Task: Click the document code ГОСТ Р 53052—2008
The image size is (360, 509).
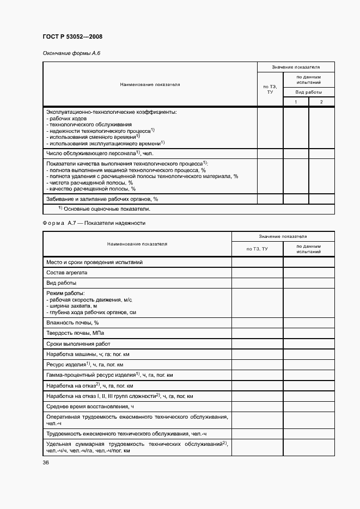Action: tap(72, 36)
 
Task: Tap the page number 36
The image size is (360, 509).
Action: tap(46, 462)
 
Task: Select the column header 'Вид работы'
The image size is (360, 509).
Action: tap(309, 93)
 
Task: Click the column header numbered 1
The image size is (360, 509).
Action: tap(296, 102)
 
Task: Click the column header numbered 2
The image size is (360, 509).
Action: tap(321, 102)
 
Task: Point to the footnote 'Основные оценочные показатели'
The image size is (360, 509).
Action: tap(105, 209)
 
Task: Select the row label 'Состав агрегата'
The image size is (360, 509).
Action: tap(67, 272)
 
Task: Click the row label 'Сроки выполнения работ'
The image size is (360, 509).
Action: tap(78, 344)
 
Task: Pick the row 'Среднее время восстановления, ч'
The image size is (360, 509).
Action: tap(90, 406)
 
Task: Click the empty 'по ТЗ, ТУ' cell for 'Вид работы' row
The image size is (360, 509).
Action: tap(257, 283)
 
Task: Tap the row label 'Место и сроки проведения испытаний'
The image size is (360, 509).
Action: tap(95, 262)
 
